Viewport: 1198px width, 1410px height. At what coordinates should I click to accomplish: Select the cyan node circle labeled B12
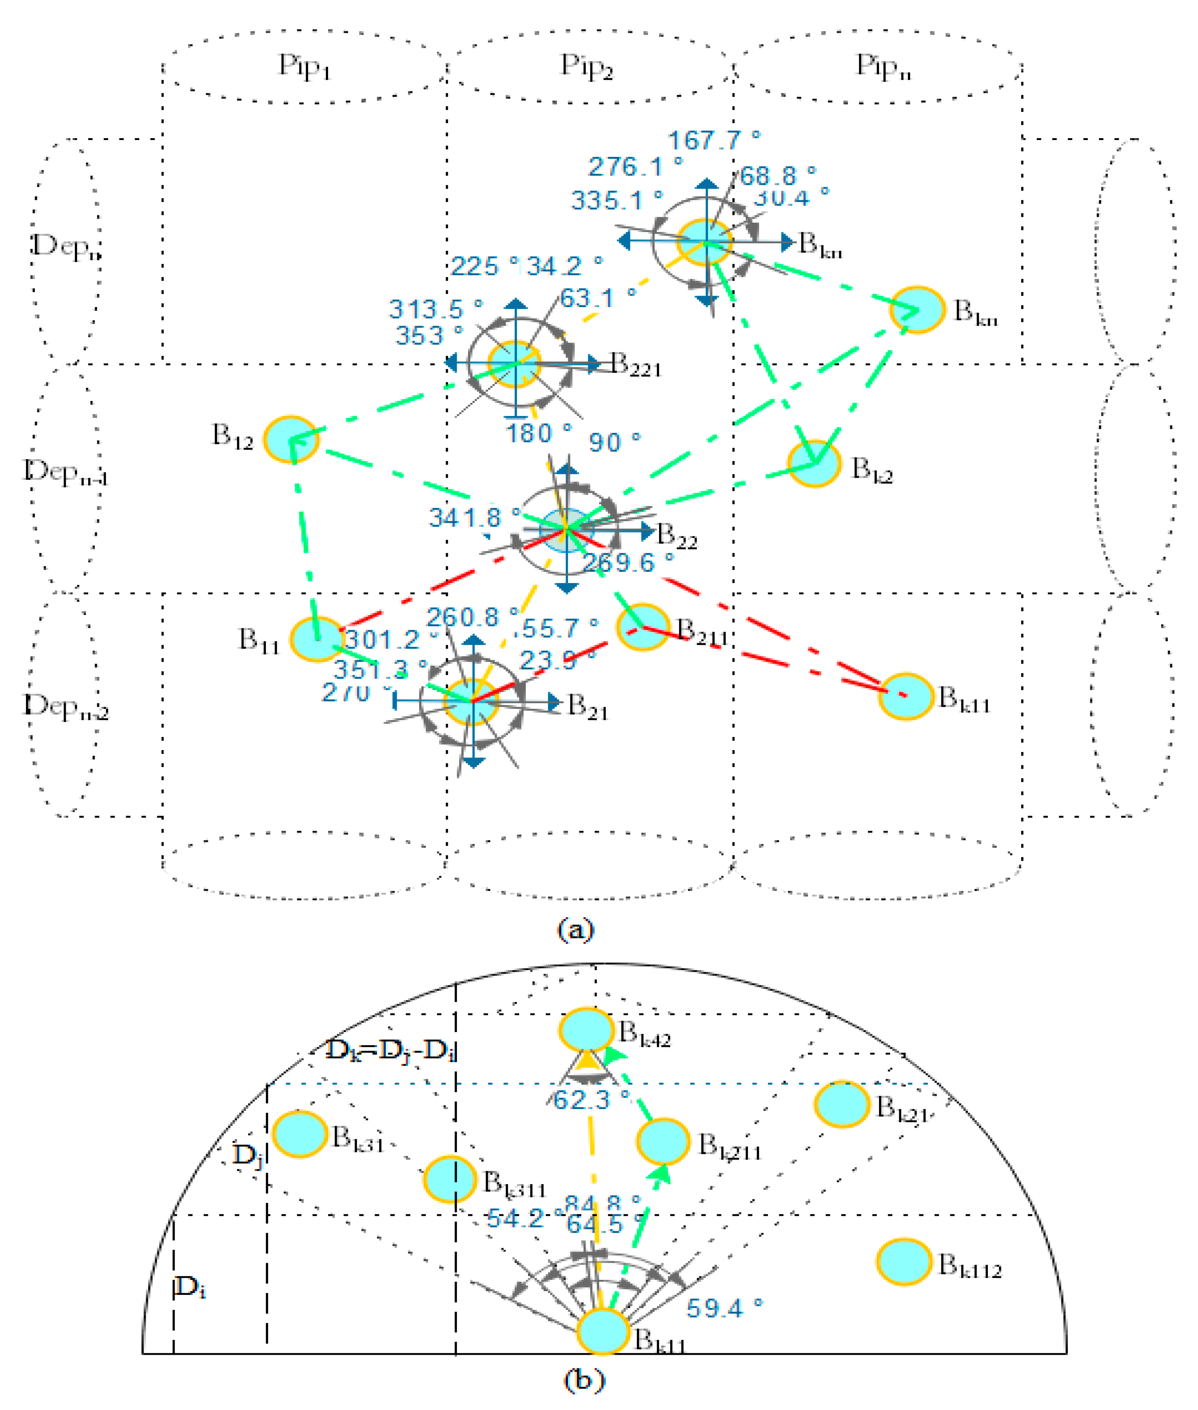[291, 439]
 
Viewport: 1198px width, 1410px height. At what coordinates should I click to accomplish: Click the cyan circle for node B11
[317, 639]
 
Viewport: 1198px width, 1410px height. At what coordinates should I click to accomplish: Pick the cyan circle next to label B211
[642, 627]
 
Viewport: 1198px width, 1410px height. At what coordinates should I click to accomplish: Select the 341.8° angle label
[474, 518]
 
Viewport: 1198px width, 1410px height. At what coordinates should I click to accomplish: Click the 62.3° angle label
[591, 1100]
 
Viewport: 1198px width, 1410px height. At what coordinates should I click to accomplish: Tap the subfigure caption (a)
[575, 929]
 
